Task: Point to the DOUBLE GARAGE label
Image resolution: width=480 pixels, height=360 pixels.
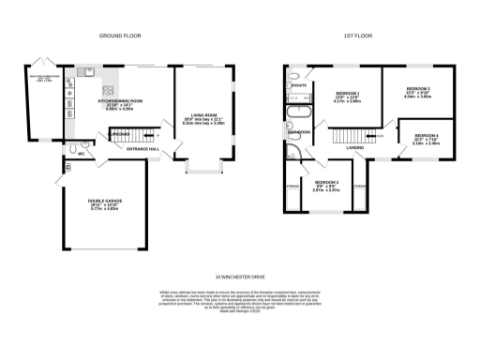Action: coord(102,203)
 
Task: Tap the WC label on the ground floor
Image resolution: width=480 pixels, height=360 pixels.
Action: coord(82,154)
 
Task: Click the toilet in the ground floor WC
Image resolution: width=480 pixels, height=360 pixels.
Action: coord(72,147)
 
